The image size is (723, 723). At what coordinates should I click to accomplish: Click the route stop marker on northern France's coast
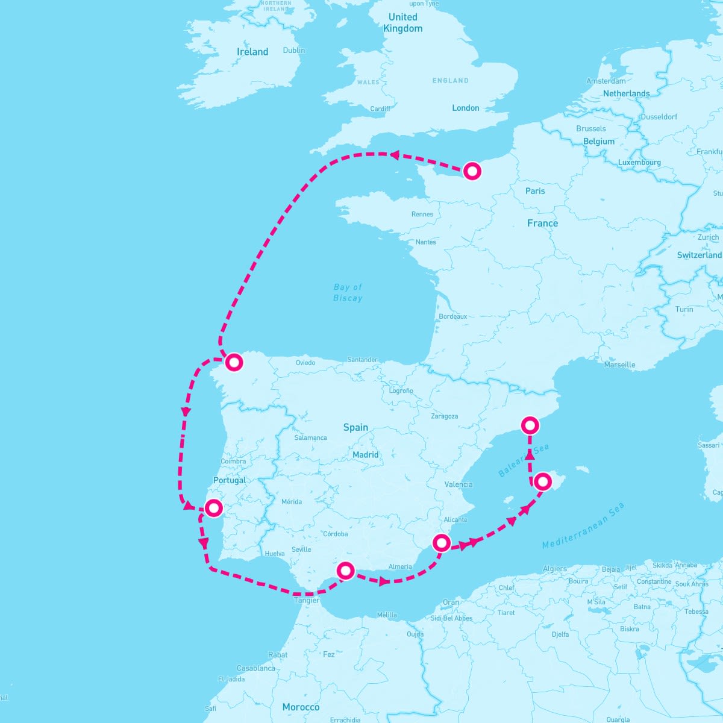click(473, 172)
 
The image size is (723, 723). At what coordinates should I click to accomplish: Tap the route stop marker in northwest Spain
click(234, 362)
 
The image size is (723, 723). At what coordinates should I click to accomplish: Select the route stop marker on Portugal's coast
click(213, 508)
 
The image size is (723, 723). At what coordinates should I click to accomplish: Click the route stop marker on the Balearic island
click(543, 481)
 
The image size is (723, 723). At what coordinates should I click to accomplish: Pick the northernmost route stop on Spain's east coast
click(530, 425)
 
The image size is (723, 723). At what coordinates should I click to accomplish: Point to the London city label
click(466, 108)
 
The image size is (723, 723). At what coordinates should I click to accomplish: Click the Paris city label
click(535, 191)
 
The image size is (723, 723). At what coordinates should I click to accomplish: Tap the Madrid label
click(366, 455)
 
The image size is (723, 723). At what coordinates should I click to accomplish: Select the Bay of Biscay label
click(348, 293)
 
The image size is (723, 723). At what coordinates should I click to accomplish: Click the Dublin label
click(294, 50)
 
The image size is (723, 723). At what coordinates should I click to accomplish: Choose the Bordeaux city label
click(453, 316)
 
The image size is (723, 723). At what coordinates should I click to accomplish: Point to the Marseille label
click(619, 365)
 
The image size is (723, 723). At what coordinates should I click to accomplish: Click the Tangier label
click(306, 600)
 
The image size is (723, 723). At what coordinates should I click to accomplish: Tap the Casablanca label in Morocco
click(256, 668)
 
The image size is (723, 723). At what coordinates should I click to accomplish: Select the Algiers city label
click(554, 569)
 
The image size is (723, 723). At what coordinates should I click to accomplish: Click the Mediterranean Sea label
click(583, 526)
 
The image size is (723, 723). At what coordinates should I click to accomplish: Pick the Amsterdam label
click(606, 81)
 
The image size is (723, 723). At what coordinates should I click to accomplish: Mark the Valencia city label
click(459, 484)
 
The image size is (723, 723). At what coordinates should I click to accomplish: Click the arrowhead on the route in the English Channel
click(394, 155)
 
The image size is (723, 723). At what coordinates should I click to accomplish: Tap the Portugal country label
click(230, 480)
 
